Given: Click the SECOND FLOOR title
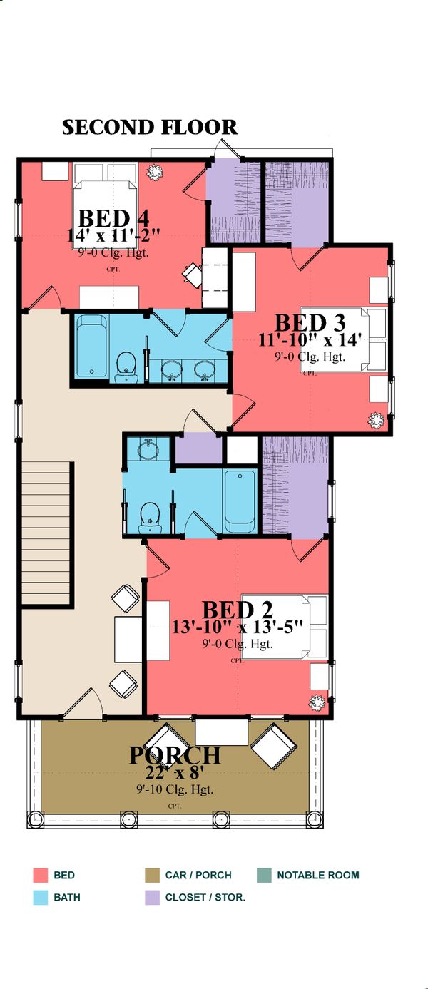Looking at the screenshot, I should point(149,128).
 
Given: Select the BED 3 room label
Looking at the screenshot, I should point(310,322).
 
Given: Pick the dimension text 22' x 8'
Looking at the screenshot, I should point(174,773).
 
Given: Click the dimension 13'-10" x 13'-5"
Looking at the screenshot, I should point(238,627).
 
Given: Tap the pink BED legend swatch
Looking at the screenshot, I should point(40,875).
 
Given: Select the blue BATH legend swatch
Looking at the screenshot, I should point(40,897).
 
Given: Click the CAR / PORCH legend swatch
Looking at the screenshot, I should point(151,875).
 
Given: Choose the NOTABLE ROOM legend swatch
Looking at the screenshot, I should point(263,875).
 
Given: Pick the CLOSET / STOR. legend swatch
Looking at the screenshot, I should point(151,897).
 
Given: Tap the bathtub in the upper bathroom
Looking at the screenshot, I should point(92,347).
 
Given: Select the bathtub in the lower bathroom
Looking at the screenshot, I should point(240,500).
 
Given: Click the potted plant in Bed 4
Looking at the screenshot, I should point(153,172).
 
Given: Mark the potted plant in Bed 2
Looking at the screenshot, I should point(315,702).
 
